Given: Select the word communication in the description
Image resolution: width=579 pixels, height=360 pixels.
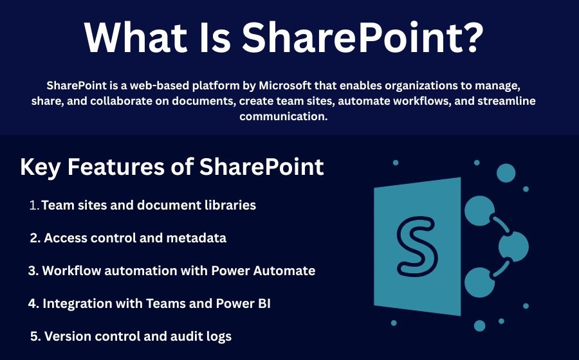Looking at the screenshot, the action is [x=282, y=116].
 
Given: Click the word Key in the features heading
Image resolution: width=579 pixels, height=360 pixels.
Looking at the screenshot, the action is [x=41, y=167].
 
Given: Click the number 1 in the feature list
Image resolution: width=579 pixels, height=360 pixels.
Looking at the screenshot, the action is [x=33, y=206].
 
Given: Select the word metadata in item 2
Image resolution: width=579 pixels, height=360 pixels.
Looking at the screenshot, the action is [x=196, y=238].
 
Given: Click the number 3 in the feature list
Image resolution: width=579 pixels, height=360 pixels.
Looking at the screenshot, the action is [x=33, y=271].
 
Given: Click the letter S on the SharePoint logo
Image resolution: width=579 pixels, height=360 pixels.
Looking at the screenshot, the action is [x=417, y=247].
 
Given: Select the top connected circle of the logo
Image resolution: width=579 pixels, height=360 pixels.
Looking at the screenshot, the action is [x=479, y=211].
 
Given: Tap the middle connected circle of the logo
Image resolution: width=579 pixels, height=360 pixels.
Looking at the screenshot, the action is [x=513, y=246].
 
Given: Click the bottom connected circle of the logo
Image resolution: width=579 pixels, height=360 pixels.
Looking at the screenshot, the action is [x=479, y=283].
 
